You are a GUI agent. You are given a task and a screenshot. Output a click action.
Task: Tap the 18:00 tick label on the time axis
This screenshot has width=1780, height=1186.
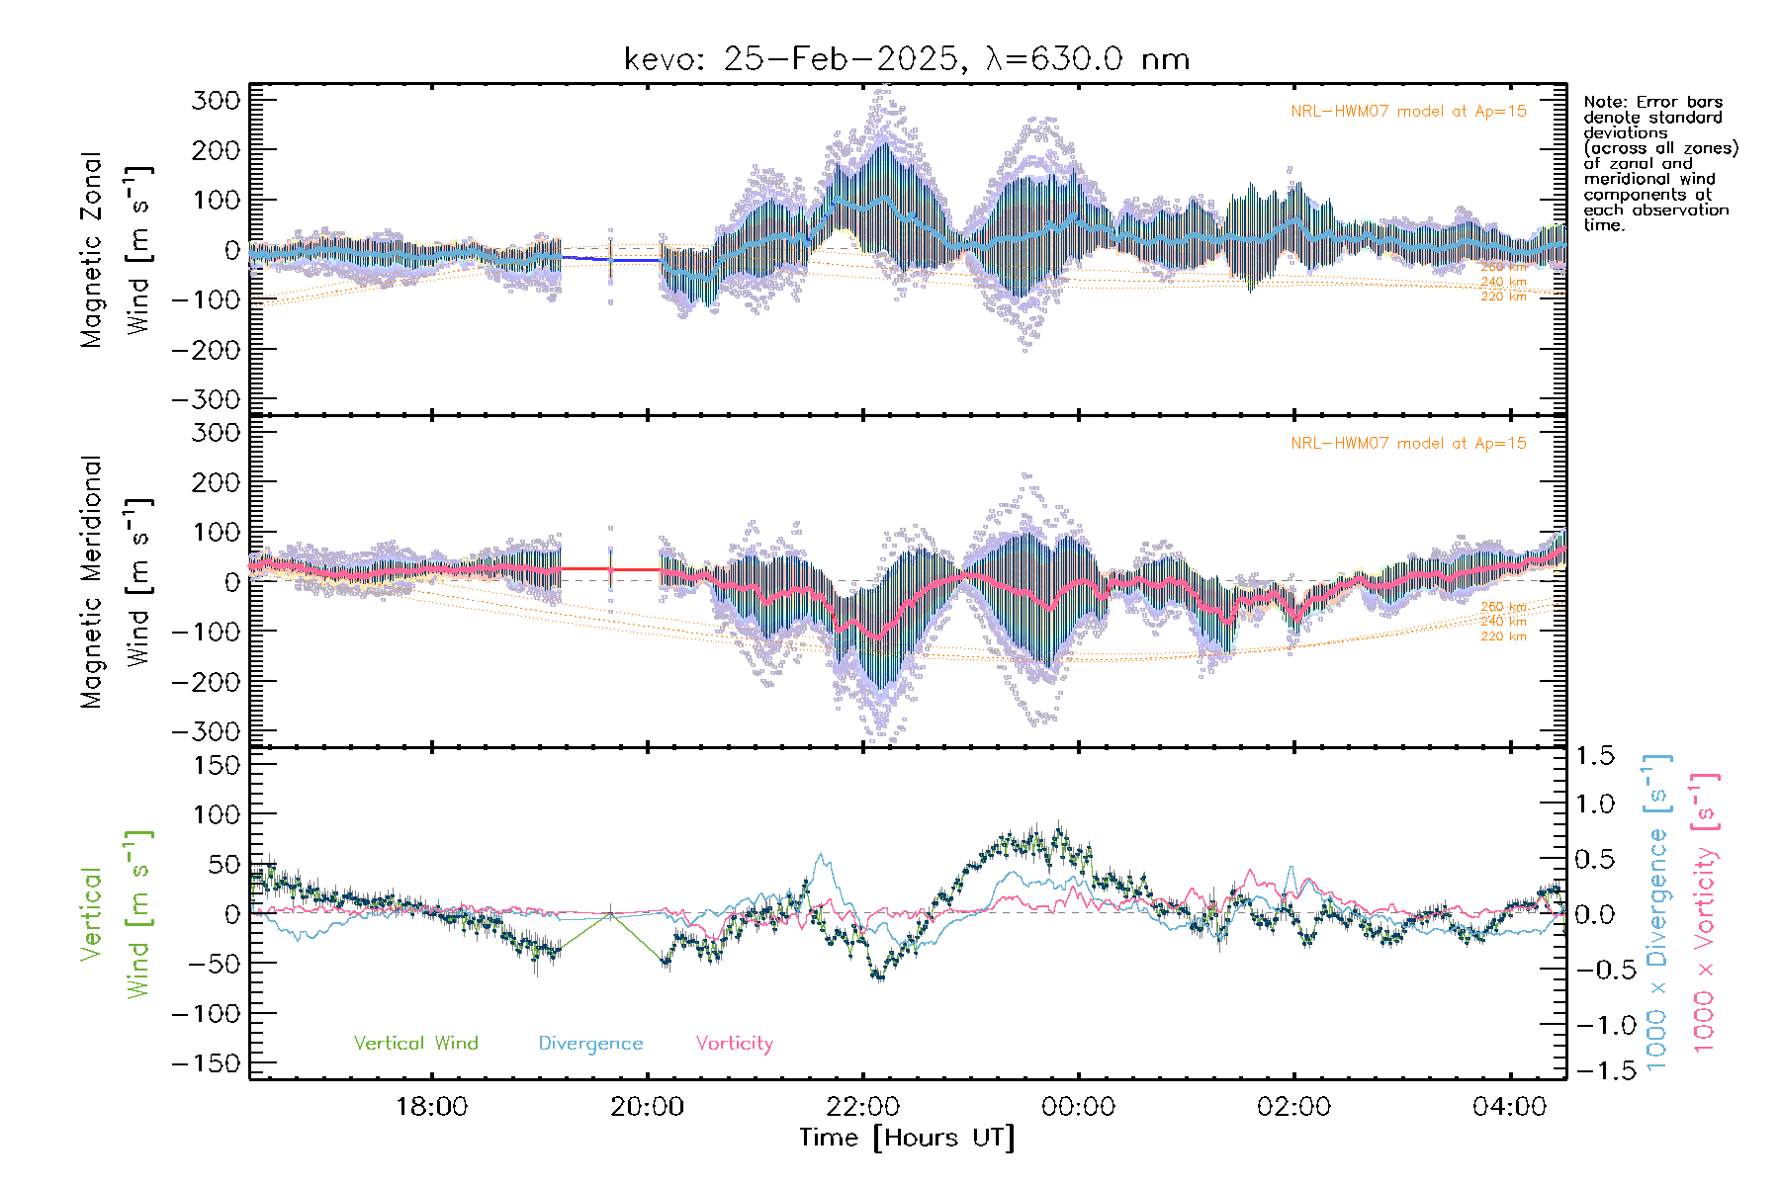point(431,1107)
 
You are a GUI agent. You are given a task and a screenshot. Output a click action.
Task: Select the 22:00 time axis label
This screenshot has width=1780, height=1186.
point(862,1107)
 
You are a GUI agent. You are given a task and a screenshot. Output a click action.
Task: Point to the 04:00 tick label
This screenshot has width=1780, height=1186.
point(1509,1107)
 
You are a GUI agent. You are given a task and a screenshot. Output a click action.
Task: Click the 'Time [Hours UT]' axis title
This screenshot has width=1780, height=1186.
point(907,1138)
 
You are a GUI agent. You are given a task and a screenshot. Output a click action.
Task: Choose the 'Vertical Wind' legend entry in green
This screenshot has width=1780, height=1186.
point(415,1044)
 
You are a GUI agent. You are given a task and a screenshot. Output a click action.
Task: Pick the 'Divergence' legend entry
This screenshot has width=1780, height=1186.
point(590,1044)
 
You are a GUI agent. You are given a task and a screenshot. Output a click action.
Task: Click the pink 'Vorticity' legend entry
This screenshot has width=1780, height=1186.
point(734,1044)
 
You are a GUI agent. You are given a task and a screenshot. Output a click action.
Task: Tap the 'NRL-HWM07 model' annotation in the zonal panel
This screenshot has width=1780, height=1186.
point(1408,112)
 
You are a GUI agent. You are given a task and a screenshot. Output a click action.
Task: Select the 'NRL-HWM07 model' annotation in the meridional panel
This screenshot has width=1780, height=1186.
point(1408,444)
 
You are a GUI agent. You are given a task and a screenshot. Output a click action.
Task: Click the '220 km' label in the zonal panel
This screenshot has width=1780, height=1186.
point(1503,296)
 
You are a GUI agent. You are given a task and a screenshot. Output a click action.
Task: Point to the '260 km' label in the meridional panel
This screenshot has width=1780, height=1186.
point(1503,606)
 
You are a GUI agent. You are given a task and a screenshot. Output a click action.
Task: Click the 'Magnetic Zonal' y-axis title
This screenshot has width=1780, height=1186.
point(92,249)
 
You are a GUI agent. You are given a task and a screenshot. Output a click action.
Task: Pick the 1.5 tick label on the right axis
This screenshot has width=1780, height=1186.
point(1594,756)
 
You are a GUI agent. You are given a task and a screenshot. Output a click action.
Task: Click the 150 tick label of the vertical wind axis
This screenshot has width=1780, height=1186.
point(218,765)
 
